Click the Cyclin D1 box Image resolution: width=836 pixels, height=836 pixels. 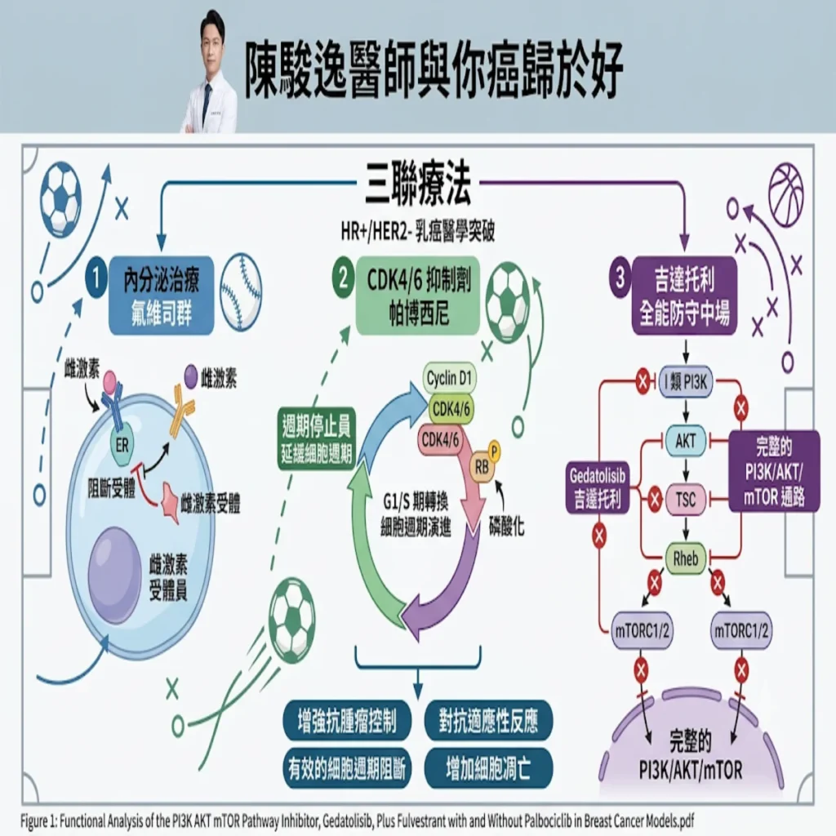click(x=450, y=379)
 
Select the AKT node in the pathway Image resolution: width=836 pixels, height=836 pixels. click(x=685, y=441)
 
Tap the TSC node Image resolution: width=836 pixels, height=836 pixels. click(x=685, y=500)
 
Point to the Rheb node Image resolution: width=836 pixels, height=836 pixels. click(x=685, y=558)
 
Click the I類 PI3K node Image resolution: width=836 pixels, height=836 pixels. click(x=685, y=382)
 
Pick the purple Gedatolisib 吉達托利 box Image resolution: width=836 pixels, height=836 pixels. click(x=597, y=487)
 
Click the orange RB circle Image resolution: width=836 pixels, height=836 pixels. click(x=482, y=468)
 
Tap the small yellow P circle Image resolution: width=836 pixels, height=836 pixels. click(x=494, y=451)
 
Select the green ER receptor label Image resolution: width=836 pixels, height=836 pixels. click(x=122, y=445)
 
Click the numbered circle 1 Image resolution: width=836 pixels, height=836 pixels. click(x=96, y=278)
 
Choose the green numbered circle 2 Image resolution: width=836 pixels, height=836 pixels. click(x=344, y=278)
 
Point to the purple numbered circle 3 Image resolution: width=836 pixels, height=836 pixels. click(x=620, y=278)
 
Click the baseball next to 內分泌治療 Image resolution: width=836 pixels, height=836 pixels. click(x=241, y=292)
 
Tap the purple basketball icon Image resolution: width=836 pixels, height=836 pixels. click(x=786, y=189)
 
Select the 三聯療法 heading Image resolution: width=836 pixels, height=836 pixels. click(x=417, y=185)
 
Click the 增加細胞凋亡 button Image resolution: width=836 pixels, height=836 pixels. click(x=488, y=768)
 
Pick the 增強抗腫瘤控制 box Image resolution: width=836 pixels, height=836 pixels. click(x=347, y=721)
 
